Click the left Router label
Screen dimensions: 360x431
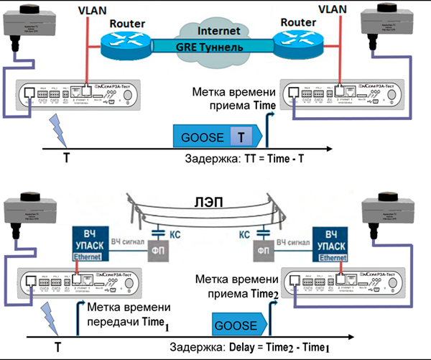127,23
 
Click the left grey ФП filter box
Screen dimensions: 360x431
159,254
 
